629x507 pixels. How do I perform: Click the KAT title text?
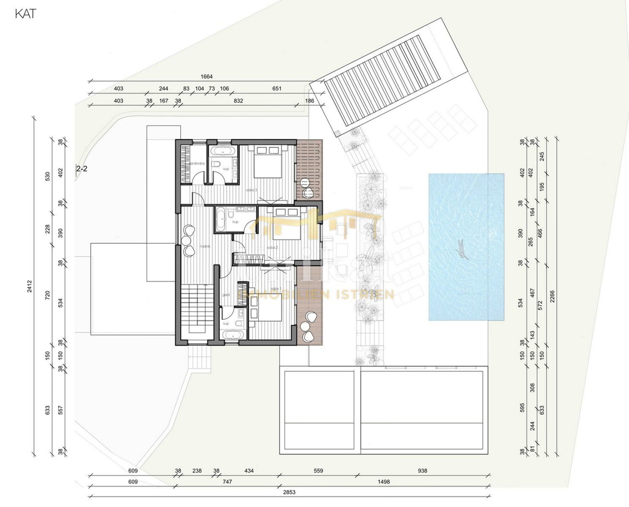tap(25, 14)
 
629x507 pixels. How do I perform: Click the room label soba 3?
tap(251, 189)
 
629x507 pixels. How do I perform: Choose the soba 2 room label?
tap(272, 247)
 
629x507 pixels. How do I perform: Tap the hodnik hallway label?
tap(205, 246)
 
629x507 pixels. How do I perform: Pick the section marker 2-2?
tap(82, 169)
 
